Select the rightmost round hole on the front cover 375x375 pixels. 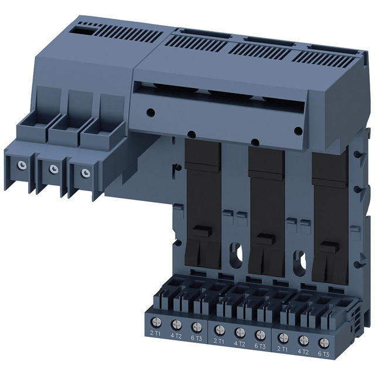[298, 131]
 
